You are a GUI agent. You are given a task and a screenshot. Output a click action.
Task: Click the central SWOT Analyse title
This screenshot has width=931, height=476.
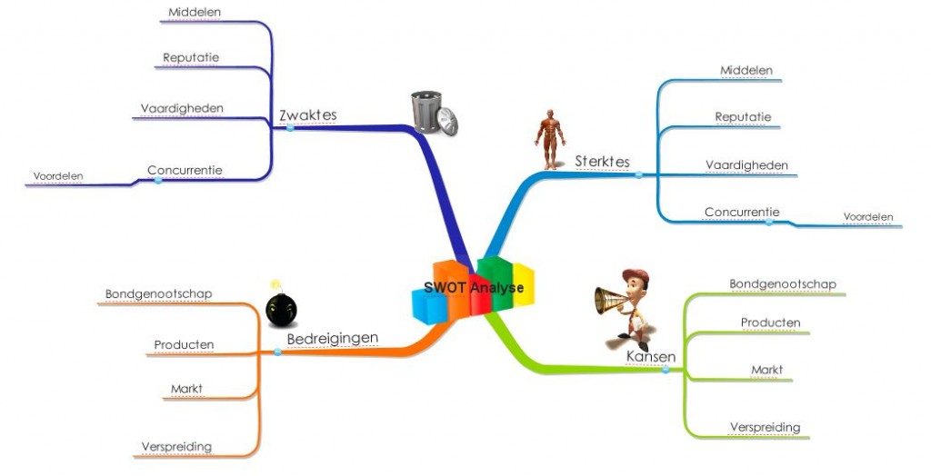(473, 288)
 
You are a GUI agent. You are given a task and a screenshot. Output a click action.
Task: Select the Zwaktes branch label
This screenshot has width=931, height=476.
(307, 115)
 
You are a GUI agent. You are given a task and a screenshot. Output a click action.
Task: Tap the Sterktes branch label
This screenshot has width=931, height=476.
(602, 162)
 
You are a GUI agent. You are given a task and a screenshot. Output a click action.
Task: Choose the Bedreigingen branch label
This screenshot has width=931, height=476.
(332, 339)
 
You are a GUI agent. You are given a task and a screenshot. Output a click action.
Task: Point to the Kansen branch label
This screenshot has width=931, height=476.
(650, 357)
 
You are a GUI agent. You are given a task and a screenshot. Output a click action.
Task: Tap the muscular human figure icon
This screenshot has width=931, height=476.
(548, 139)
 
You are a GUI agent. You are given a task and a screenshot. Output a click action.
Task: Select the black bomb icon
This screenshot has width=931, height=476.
(280, 310)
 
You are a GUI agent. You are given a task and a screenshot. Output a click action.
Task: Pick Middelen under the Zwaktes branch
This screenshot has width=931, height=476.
(195, 13)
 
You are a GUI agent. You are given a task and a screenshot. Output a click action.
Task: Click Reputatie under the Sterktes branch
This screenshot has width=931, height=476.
(743, 117)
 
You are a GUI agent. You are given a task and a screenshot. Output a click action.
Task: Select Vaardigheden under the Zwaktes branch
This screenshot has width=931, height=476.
(182, 108)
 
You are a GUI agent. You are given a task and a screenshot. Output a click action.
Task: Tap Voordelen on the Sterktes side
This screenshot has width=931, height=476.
(867, 217)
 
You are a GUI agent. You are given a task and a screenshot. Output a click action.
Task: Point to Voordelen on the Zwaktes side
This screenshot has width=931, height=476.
(58, 176)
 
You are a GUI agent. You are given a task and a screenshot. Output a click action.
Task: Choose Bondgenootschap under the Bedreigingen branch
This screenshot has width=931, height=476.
(158, 294)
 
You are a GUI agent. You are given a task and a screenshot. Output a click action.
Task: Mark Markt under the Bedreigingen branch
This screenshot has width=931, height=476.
(186, 389)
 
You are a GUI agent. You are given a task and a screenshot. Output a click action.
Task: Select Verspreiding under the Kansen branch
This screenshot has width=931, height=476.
(765, 427)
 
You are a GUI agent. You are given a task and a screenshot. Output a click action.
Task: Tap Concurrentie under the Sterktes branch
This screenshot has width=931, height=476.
(741, 213)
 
